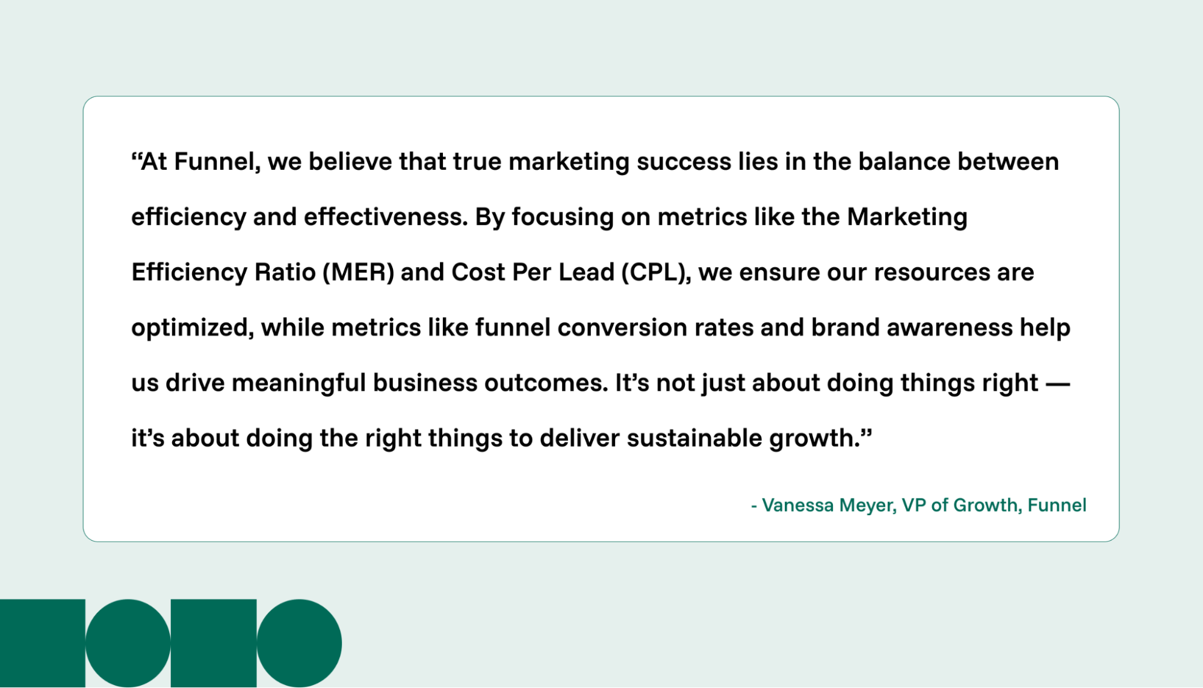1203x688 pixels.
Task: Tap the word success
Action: [x=683, y=162]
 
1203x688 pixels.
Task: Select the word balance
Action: [x=904, y=162]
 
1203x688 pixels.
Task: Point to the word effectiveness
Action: [x=385, y=217]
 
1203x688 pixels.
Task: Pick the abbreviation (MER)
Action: [x=358, y=273]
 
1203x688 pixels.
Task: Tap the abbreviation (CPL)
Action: [x=656, y=273]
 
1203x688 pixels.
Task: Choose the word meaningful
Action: [x=298, y=383]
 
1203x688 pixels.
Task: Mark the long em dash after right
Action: [x=1057, y=383]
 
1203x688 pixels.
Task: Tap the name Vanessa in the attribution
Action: [x=797, y=505]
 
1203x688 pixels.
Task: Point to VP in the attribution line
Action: [x=913, y=505]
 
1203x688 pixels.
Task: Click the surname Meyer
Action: [x=867, y=505]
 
